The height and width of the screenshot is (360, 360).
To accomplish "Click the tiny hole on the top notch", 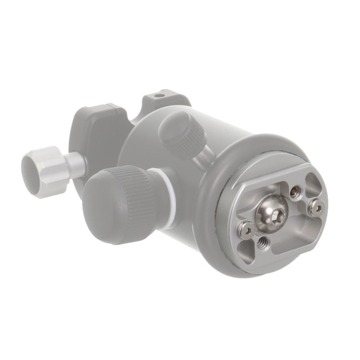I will [158, 96].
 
